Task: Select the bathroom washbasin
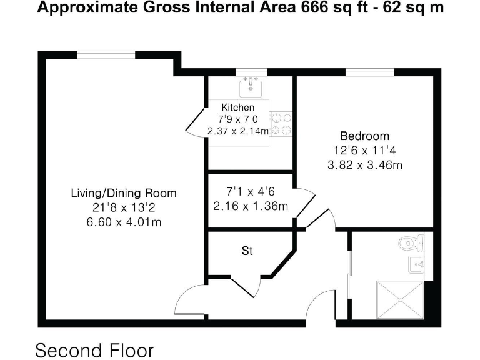coord(417,264)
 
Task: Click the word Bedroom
coord(364,136)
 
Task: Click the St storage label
coord(247,251)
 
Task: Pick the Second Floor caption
coord(94,350)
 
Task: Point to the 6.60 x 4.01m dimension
coord(124,222)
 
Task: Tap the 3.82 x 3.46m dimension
coord(364,166)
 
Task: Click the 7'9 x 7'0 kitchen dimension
coord(238,119)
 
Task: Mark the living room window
coord(106,55)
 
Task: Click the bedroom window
coord(369,72)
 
